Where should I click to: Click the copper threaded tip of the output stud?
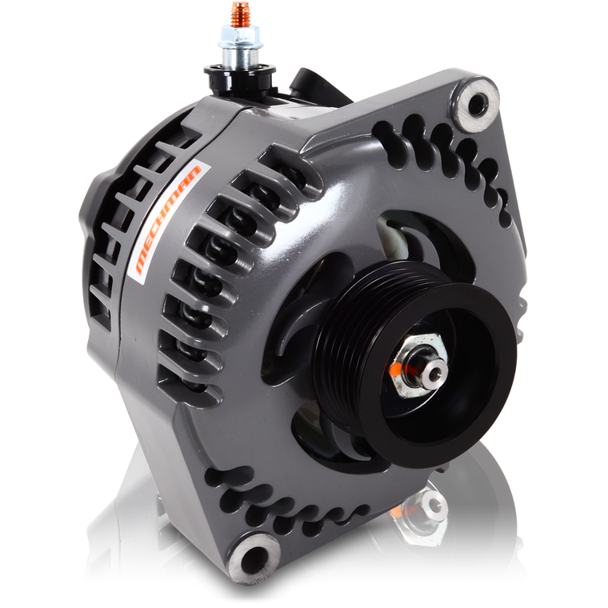coord(238,11)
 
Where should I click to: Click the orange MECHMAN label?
coord(169,221)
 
